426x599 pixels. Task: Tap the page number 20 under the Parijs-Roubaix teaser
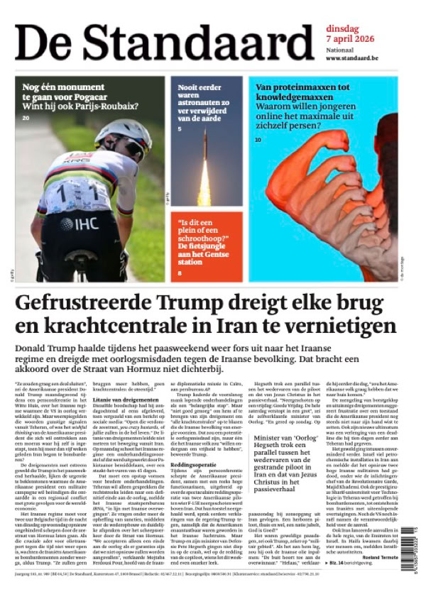click(x=26, y=117)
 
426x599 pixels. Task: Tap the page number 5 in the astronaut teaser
click(x=180, y=128)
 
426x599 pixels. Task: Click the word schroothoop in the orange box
click(x=207, y=241)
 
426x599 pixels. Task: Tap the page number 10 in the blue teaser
click(x=258, y=141)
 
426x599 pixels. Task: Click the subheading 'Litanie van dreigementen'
click(x=124, y=400)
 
